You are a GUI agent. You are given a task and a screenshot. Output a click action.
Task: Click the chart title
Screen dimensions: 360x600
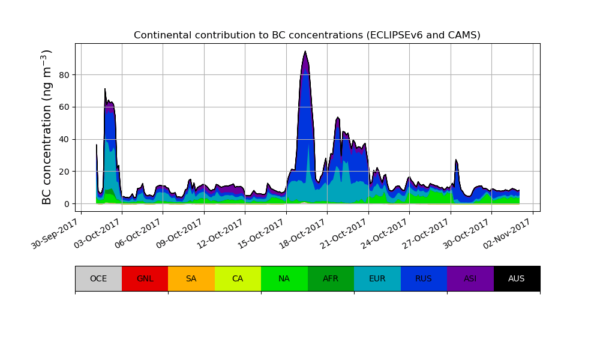[307, 35]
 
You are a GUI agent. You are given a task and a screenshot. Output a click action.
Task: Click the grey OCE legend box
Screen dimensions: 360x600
[98, 278]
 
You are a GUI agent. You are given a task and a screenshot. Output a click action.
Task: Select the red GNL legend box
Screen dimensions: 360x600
[145, 278]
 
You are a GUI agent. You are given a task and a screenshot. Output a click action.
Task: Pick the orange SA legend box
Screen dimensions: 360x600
[191, 278]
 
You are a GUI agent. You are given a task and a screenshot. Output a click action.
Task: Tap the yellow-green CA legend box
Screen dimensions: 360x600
[238, 278]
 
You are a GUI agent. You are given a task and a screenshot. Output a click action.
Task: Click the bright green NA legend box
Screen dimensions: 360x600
[284, 278]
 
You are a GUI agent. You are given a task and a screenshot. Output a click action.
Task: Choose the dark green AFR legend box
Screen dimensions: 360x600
[331, 278]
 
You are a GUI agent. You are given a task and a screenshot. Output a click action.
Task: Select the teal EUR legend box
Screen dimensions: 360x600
[377, 278]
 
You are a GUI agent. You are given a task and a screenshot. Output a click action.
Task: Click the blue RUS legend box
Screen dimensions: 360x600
[424, 278]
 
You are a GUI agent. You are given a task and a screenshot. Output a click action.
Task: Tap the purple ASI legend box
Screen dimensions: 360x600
[470, 278]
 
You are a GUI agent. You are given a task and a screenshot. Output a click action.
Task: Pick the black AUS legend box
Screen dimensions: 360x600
[517, 278]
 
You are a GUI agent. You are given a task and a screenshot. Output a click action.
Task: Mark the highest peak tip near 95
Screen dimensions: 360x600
[305, 52]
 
